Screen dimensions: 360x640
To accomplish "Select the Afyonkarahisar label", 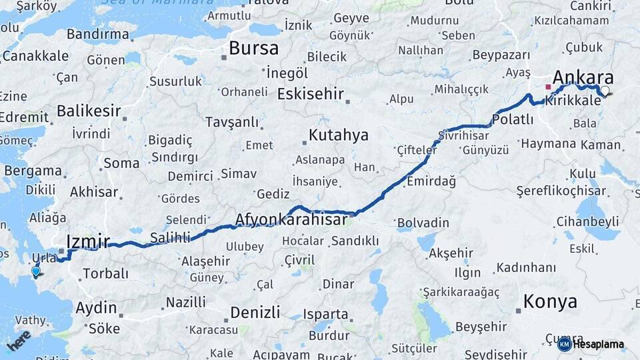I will (291, 219).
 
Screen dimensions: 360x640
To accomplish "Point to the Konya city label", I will (550, 301).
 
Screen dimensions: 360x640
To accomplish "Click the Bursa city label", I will (253, 48).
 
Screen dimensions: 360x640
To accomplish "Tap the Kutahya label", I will (339, 135).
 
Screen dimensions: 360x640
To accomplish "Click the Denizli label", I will (255, 311).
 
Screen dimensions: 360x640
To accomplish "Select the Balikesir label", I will (89, 110).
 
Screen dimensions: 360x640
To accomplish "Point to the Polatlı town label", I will (513, 120).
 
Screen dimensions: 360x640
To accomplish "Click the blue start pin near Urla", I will (35, 271).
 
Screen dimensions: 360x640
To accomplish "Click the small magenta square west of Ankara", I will (548, 87).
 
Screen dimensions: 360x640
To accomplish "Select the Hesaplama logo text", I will (598, 345).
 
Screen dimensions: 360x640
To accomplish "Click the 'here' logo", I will (19, 340).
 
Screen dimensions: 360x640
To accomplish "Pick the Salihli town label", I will (170, 237).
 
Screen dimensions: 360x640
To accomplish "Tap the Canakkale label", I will (35, 56).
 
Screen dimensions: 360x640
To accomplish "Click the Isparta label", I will (325, 313).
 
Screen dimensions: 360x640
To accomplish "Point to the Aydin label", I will (97, 308).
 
